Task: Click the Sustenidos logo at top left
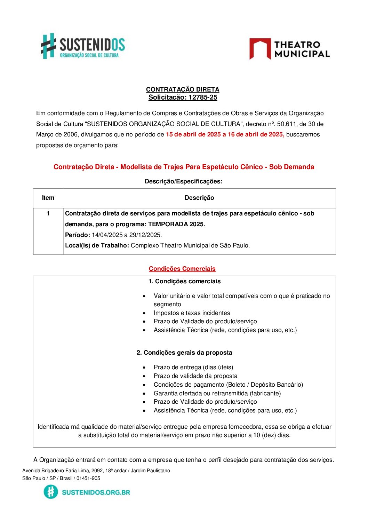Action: [x=83, y=46]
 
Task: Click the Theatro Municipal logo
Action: [x=289, y=49]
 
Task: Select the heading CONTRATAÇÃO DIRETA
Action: [x=183, y=89]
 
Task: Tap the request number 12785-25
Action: [x=203, y=97]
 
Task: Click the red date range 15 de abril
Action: [x=225, y=134]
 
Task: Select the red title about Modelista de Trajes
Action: [x=184, y=167]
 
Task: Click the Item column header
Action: [x=48, y=198]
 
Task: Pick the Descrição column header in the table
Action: [x=199, y=198]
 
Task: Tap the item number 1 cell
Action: [x=48, y=213]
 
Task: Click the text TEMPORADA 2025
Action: [x=176, y=224]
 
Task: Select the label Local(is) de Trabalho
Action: [x=97, y=245]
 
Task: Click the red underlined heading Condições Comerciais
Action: [x=182, y=269]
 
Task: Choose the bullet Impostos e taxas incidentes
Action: [x=192, y=313]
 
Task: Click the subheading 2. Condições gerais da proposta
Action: [x=184, y=353]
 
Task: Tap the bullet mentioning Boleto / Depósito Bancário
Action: [x=228, y=385]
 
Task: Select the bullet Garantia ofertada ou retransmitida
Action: [x=217, y=393]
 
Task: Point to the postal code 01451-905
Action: [x=88, y=478]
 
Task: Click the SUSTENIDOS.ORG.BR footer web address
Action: [x=96, y=492]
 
